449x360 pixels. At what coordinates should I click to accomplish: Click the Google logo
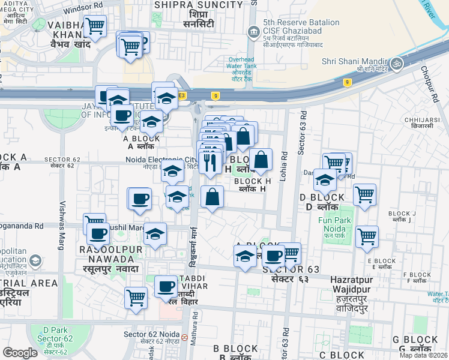(x=20, y=353)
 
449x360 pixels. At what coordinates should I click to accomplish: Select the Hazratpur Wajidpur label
(x=352, y=284)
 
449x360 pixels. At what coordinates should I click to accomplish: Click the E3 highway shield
(x=181, y=95)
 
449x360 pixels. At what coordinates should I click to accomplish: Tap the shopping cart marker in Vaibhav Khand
(x=95, y=26)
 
